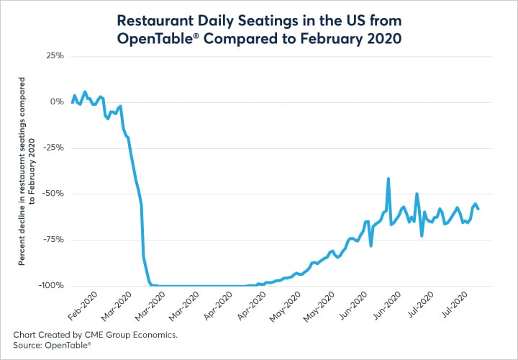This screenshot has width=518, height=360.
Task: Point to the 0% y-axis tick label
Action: [x=57, y=102]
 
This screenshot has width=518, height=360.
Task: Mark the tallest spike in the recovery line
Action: [x=388, y=179]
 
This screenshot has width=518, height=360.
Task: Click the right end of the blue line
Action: [x=478, y=209]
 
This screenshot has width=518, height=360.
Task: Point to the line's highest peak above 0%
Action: [x=85, y=92]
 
